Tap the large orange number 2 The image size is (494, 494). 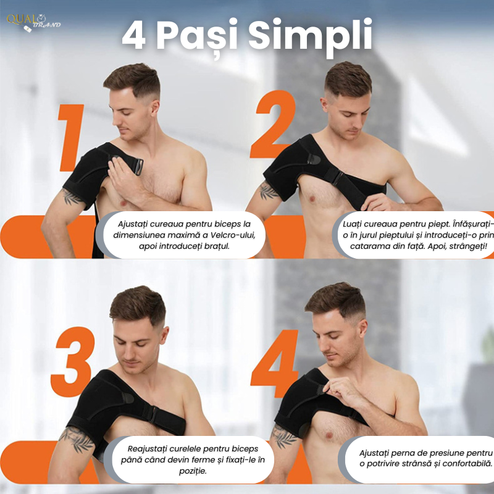(x=274, y=124)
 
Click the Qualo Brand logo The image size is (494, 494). (x=33, y=23)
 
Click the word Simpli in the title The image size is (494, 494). (x=311, y=35)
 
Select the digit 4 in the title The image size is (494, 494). (x=134, y=35)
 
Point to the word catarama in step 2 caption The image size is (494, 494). (x=366, y=246)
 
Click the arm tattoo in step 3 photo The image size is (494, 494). (x=77, y=438)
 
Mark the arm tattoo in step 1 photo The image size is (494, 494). (x=72, y=196)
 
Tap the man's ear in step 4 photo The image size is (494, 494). (x=363, y=328)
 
